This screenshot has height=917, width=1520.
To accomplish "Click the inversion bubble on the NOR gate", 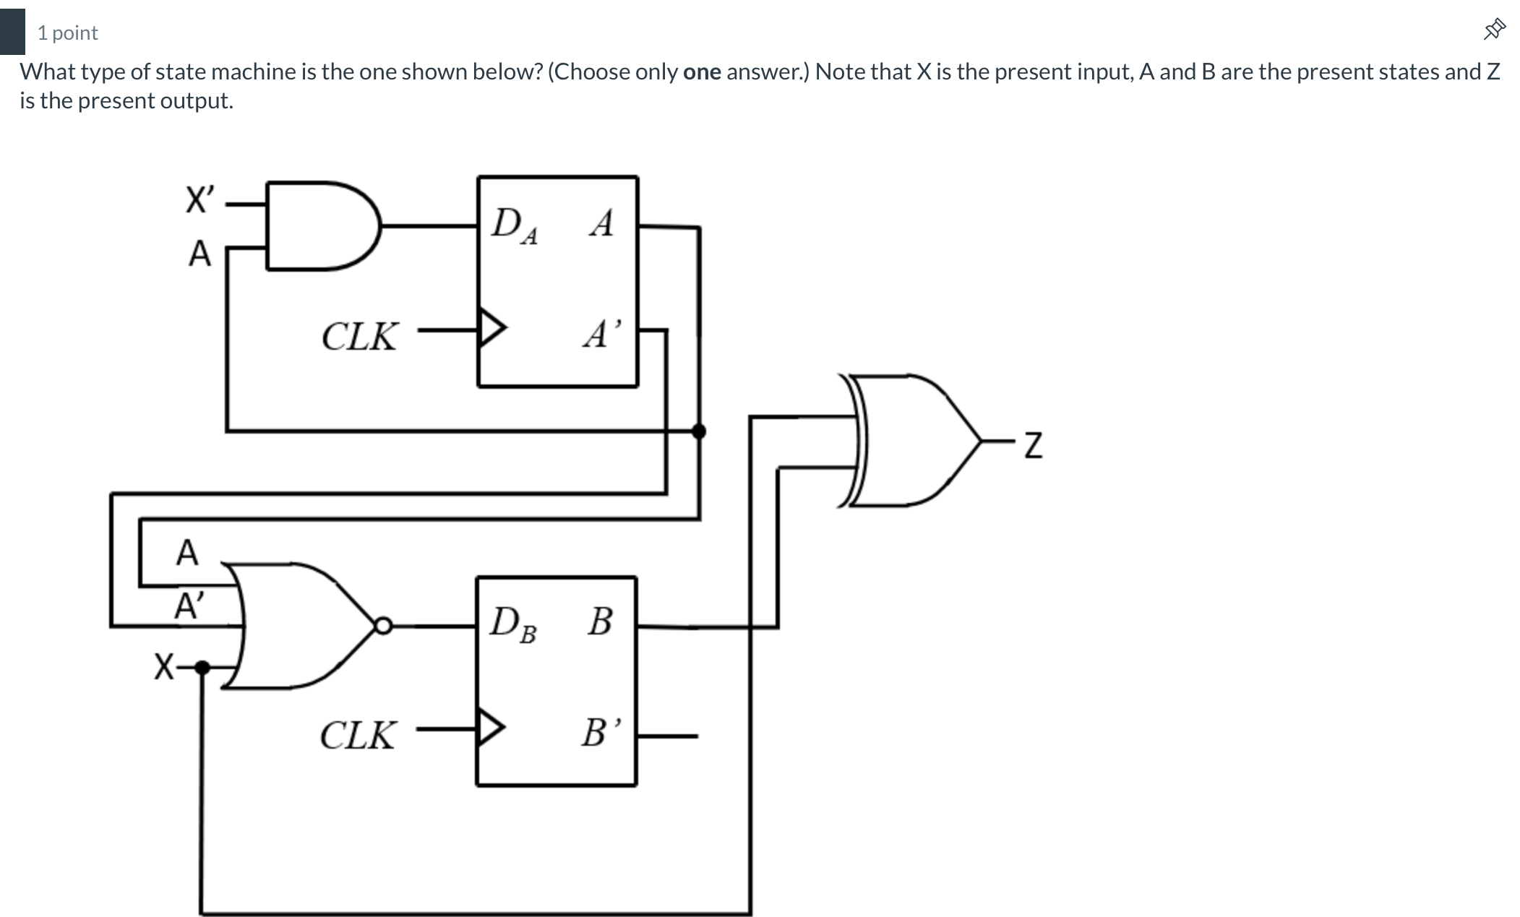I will (384, 625).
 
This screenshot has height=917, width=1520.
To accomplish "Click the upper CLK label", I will (359, 337).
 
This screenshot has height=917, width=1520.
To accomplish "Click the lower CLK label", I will (358, 736).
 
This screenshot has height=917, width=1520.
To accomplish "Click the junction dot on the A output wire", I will (698, 431).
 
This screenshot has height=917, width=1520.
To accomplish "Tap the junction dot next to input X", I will (203, 667).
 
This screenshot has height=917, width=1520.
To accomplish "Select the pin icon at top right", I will (1494, 30).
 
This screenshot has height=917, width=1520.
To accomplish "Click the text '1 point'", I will (67, 33).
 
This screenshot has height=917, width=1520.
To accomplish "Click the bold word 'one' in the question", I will (701, 72).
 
